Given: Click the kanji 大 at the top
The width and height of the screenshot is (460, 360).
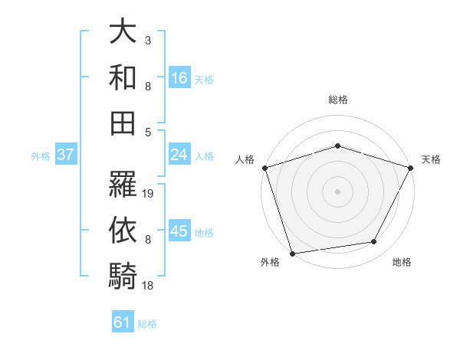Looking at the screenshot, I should pyautogui.click(x=123, y=33).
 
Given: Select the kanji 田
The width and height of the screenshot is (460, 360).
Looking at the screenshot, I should pyautogui.click(x=123, y=122).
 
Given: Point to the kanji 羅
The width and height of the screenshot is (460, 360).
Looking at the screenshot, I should pyautogui.click(x=123, y=184).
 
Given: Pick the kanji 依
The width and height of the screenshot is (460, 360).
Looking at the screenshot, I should pyautogui.click(x=123, y=229).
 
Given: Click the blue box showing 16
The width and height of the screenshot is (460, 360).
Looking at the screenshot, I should pyautogui.click(x=179, y=77).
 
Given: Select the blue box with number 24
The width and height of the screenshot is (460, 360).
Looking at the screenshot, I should pyautogui.click(x=179, y=155).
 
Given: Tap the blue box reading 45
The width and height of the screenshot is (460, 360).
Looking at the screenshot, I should pyautogui.click(x=179, y=231).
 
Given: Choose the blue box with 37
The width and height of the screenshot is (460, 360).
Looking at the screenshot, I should pyautogui.click(x=65, y=155).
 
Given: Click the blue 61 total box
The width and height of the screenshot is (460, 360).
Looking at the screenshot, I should pyautogui.click(x=123, y=322).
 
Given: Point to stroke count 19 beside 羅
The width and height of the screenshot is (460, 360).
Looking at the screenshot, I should pyautogui.click(x=149, y=194).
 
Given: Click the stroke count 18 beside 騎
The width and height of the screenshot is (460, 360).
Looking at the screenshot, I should pyautogui.click(x=149, y=285).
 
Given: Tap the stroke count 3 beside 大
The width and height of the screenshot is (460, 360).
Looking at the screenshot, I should pyautogui.click(x=147, y=40).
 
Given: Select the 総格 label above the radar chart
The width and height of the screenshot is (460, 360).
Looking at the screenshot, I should pyautogui.click(x=337, y=100).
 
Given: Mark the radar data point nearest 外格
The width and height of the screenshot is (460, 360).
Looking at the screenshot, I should pyautogui.click(x=292, y=254).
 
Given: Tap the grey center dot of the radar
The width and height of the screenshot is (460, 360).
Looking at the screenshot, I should pyautogui.click(x=337, y=191).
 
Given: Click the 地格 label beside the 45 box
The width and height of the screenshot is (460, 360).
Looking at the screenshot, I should pyautogui.click(x=205, y=232).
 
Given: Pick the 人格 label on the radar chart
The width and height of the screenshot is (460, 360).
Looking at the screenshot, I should pyautogui.click(x=245, y=159).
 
